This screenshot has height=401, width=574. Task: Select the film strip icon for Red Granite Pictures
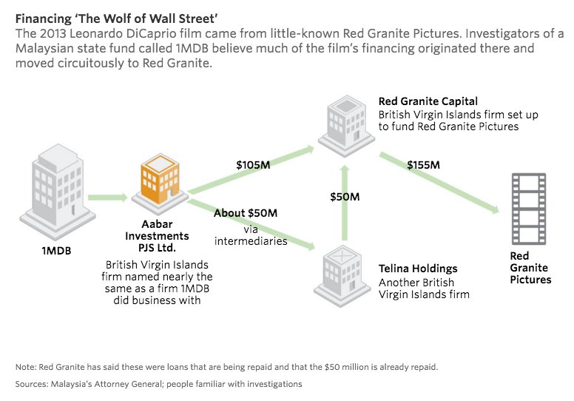pos(529,209)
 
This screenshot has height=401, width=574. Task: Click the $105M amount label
pos(253,164)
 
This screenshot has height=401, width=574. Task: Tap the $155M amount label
pos(423,164)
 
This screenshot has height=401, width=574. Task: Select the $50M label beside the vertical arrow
pos(345,197)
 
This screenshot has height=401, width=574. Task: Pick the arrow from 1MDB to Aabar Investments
pos(108,198)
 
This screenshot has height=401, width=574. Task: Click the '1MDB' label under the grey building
pos(56,250)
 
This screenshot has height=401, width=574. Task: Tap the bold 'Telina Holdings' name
pos(418,269)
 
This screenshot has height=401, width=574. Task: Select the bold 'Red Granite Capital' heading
pos(428,101)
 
